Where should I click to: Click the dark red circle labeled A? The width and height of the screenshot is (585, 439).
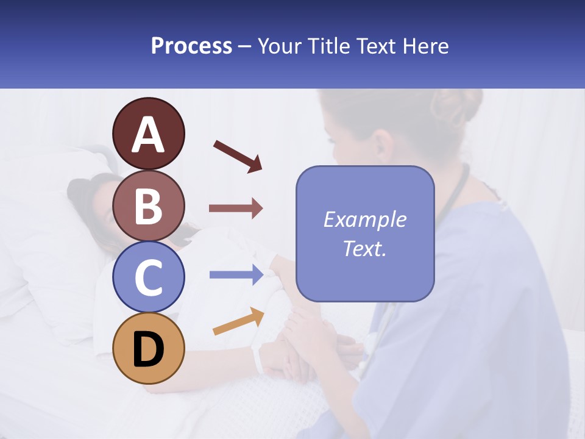[149, 134]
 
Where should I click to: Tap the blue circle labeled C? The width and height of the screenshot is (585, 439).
[149, 277]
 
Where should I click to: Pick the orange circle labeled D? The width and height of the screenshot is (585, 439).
[149, 348]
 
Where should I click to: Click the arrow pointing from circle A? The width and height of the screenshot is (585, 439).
[238, 156]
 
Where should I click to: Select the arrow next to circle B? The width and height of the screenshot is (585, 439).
[236, 209]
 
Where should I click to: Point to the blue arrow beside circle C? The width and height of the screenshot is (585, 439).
[236, 275]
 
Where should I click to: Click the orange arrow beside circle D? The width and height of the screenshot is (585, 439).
[238, 321]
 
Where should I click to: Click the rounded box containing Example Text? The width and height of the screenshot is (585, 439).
[365, 234]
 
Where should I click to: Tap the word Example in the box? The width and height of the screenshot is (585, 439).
[365, 220]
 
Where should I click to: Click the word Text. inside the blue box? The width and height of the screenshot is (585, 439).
[365, 249]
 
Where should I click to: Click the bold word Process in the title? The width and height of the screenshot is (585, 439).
[191, 46]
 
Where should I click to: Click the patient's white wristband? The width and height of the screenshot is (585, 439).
[258, 359]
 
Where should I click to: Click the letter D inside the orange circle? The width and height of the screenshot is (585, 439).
[149, 349]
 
